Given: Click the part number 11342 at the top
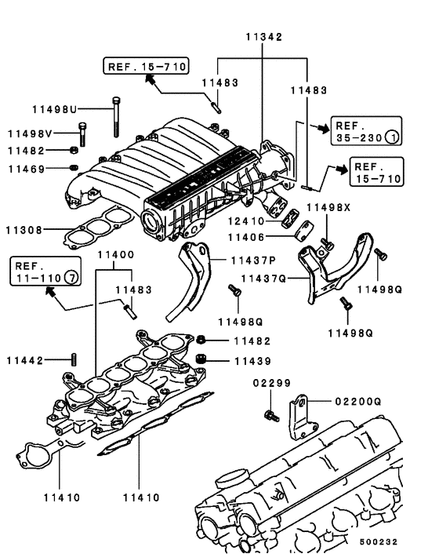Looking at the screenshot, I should click(263, 37).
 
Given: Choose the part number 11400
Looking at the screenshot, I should click(115, 255).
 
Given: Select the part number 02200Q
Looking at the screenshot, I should click(350, 400).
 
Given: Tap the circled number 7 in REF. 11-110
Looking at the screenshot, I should click(71, 278).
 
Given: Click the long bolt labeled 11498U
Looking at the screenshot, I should click(116, 118).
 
